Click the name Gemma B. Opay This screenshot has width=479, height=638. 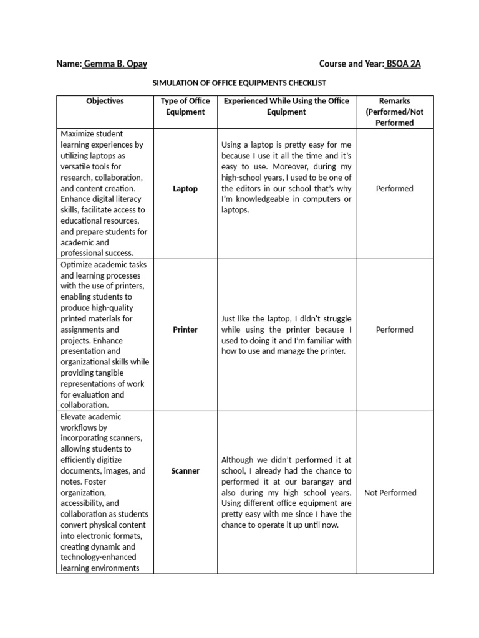(x=115, y=64)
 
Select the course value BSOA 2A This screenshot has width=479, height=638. (x=403, y=64)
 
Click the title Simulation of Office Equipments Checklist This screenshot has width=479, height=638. (x=239, y=83)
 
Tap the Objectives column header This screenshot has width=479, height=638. (x=105, y=101)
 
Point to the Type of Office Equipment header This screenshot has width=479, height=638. (x=185, y=107)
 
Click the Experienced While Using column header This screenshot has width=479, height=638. (x=286, y=107)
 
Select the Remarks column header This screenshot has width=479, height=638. (x=394, y=112)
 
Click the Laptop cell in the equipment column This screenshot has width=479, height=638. (x=185, y=188)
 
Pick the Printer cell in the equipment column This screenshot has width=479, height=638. (x=185, y=330)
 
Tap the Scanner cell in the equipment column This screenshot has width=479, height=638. (x=185, y=471)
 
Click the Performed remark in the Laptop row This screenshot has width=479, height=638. (x=394, y=188)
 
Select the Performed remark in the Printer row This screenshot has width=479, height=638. (x=394, y=330)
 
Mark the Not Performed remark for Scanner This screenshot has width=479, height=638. (x=390, y=493)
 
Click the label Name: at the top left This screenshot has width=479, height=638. (x=69, y=64)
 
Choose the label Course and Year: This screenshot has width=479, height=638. (x=351, y=64)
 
